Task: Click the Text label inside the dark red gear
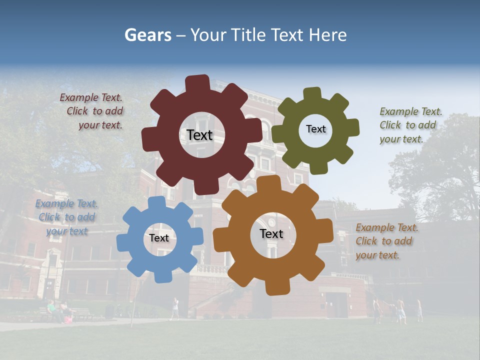pyautogui.click(x=199, y=135)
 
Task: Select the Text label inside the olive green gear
pyautogui.click(x=315, y=129)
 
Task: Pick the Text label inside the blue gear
pyautogui.click(x=159, y=238)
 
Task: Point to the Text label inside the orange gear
pyautogui.click(x=271, y=233)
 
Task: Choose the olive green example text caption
pyautogui.click(x=410, y=125)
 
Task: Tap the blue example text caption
pyautogui.click(x=66, y=217)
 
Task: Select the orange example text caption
pyautogui.click(x=386, y=241)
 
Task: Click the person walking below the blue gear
pyautogui.click(x=174, y=307)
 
